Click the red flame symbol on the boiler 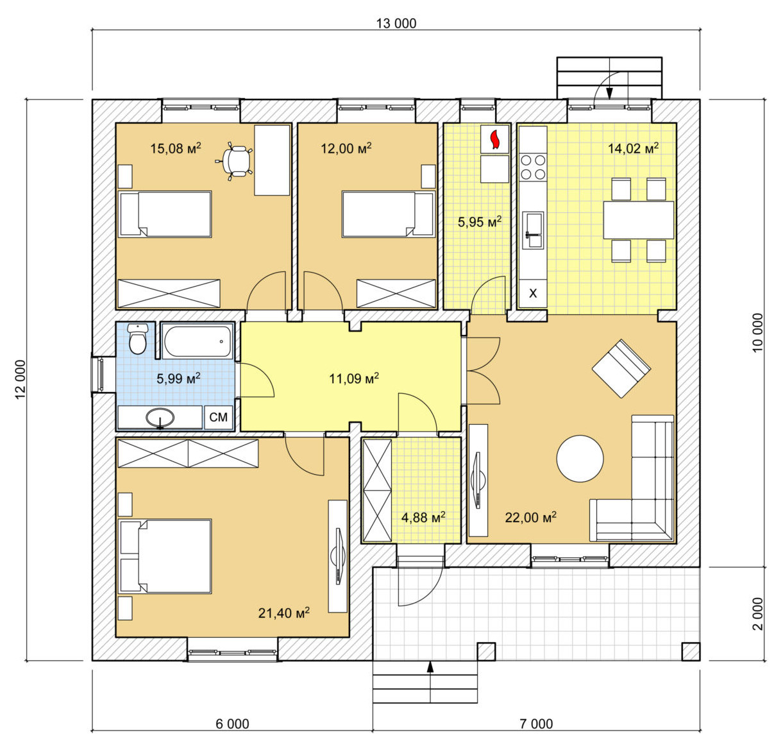tap(494, 139)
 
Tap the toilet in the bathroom tap(138, 339)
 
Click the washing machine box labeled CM tap(219, 418)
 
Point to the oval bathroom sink tap(160, 418)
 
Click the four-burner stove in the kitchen tap(533, 167)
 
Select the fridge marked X tap(533, 293)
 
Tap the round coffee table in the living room tap(580, 458)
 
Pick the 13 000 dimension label tap(396, 23)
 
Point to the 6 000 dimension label tap(232, 724)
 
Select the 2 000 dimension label tap(757, 614)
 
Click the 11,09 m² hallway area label tap(354, 378)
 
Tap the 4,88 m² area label tap(423, 517)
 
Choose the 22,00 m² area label tap(531, 517)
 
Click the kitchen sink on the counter tap(533, 230)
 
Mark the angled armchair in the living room tap(621, 368)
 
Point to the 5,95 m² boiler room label tap(480, 221)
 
